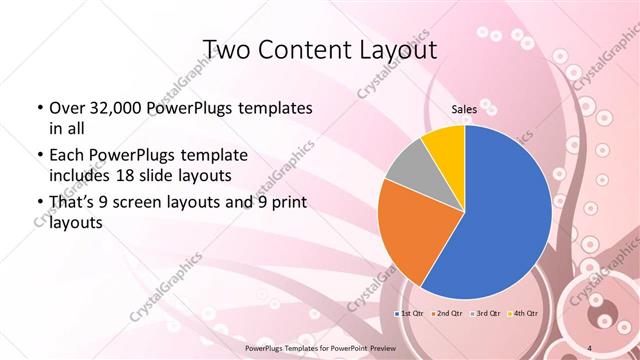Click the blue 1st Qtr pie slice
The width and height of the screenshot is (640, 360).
[500, 220]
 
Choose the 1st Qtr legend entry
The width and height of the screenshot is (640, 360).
[409, 314]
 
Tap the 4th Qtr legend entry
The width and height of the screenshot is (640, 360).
[524, 314]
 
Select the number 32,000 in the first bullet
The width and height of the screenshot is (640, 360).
[110, 108]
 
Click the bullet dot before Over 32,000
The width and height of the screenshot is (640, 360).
[38, 108]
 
